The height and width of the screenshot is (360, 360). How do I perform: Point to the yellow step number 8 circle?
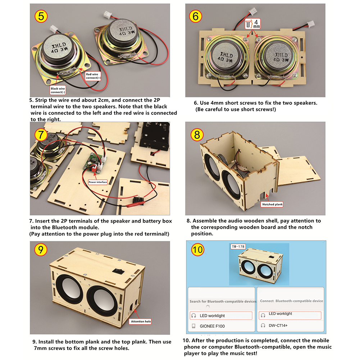[x=197, y=135]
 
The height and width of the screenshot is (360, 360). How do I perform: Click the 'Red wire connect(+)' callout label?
[x=94, y=76]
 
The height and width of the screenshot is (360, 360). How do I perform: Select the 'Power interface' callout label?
[x=98, y=182]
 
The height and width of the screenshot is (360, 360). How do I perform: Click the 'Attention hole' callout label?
[x=141, y=321]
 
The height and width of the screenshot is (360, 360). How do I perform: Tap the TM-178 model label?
[x=238, y=247]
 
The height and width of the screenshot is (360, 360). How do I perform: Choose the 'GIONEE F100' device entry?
[x=212, y=326]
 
